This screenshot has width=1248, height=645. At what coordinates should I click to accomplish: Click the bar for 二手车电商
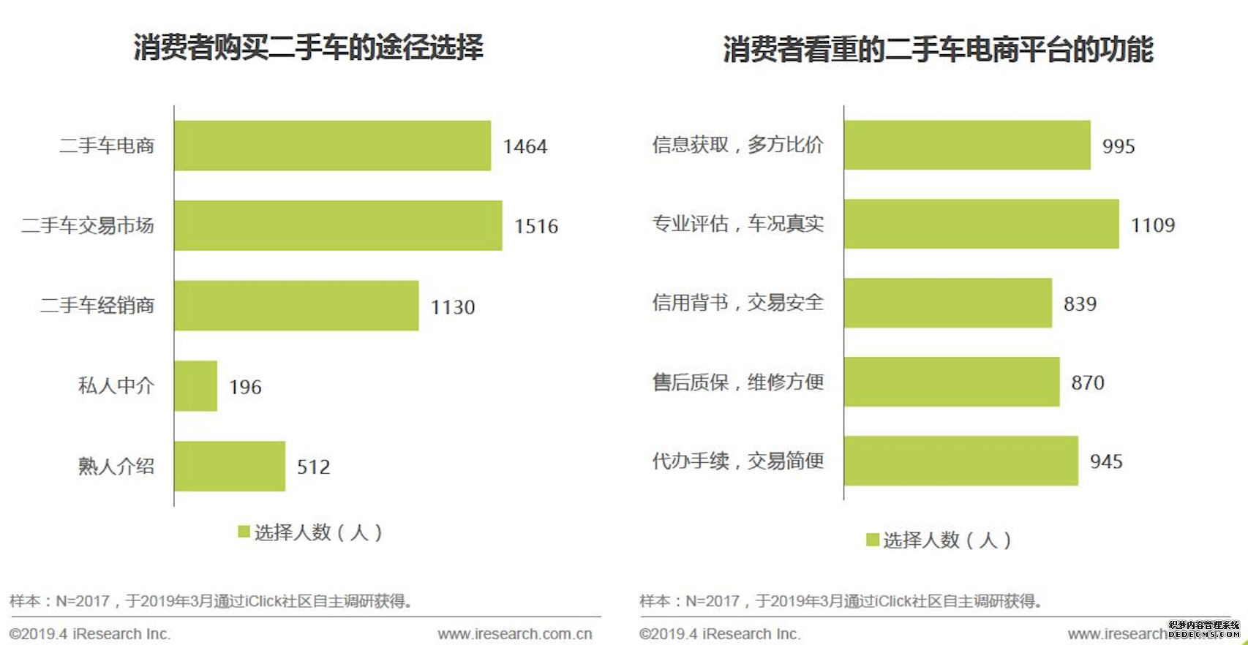click(332, 146)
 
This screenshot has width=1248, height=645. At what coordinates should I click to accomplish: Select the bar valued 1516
click(338, 225)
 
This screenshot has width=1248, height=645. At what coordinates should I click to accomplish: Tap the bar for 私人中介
click(195, 385)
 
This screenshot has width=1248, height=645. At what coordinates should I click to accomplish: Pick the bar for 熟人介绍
click(230, 466)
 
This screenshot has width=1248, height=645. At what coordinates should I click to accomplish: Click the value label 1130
click(453, 307)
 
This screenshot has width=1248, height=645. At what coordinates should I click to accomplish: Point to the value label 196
click(245, 387)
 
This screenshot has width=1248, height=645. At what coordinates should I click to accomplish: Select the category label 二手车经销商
click(97, 306)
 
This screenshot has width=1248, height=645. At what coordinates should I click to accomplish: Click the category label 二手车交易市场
click(88, 225)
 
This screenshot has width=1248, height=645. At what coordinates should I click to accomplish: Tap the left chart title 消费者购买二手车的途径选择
click(308, 48)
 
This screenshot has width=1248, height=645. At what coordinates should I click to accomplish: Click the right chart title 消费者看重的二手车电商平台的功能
click(938, 50)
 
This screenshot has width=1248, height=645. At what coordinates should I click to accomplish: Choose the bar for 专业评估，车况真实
click(981, 224)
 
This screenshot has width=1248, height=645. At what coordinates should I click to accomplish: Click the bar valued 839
click(947, 303)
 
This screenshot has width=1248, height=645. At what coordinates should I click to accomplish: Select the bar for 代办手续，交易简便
click(961, 461)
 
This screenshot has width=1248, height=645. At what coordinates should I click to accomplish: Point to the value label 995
click(1119, 146)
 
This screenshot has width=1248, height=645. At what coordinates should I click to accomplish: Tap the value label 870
click(1088, 382)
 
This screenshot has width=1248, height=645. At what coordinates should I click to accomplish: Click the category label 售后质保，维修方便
click(737, 382)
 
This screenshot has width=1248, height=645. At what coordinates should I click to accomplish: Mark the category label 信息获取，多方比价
click(737, 145)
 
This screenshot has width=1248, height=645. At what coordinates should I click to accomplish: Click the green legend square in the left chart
click(244, 532)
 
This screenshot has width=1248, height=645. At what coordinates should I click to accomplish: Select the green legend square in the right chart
click(873, 540)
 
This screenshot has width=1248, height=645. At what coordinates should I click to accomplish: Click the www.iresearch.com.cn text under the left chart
click(515, 634)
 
